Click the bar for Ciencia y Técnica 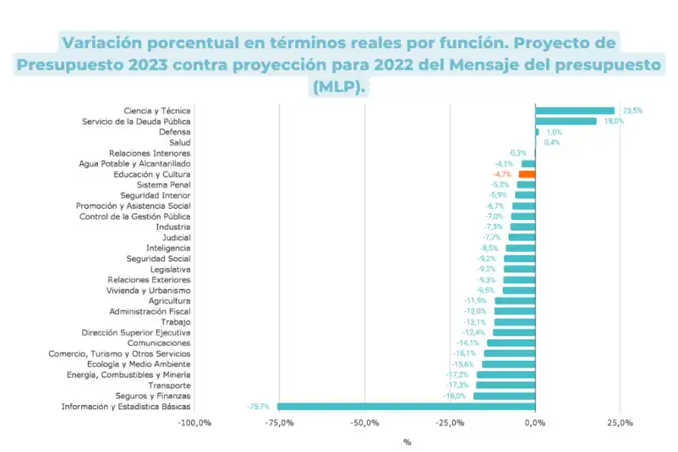tap(575, 111)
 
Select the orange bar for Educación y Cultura tap(527, 174)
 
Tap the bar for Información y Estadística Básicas tap(406, 407)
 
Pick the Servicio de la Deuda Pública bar tap(566, 121)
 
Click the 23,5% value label tap(633, 111)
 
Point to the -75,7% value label tap(258, 407)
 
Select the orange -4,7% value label tap(502, 174)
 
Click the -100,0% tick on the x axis tap(194, 423)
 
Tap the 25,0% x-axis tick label tap(620, 423)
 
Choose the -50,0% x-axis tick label tap(365, 423)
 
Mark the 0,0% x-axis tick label tap(535, 423)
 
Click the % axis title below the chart tap(408, 442)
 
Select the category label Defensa tap(175, 132)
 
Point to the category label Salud tap(179, 142)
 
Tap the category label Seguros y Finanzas tap(153, 396)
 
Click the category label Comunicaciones tap(159, 344)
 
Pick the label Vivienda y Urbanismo tap(149, 290)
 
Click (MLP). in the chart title tap(338, 87)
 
